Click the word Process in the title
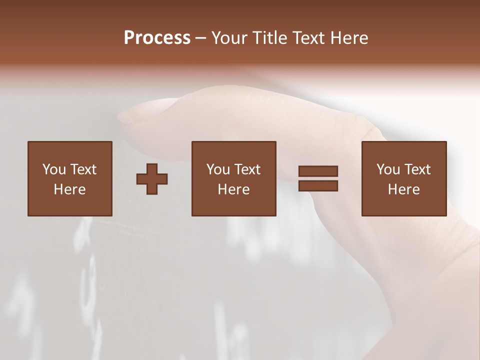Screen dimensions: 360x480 (157, 38)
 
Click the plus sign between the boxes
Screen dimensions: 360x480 (152, 178)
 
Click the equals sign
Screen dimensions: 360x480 (318, 178)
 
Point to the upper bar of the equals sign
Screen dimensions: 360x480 (318, 171)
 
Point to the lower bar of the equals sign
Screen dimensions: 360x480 (318, 186)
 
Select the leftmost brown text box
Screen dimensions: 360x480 (69, 178)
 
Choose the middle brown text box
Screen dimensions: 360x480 (233, 178)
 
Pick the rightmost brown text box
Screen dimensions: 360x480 (403, 178)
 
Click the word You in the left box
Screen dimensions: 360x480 (54, 169)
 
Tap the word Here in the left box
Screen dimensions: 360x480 (69, 189)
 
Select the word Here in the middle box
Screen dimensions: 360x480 (233, 189)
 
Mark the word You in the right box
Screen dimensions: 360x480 (388, 169)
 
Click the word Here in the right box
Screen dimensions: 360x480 (403, 189)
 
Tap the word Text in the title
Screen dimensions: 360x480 (308, 38)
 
